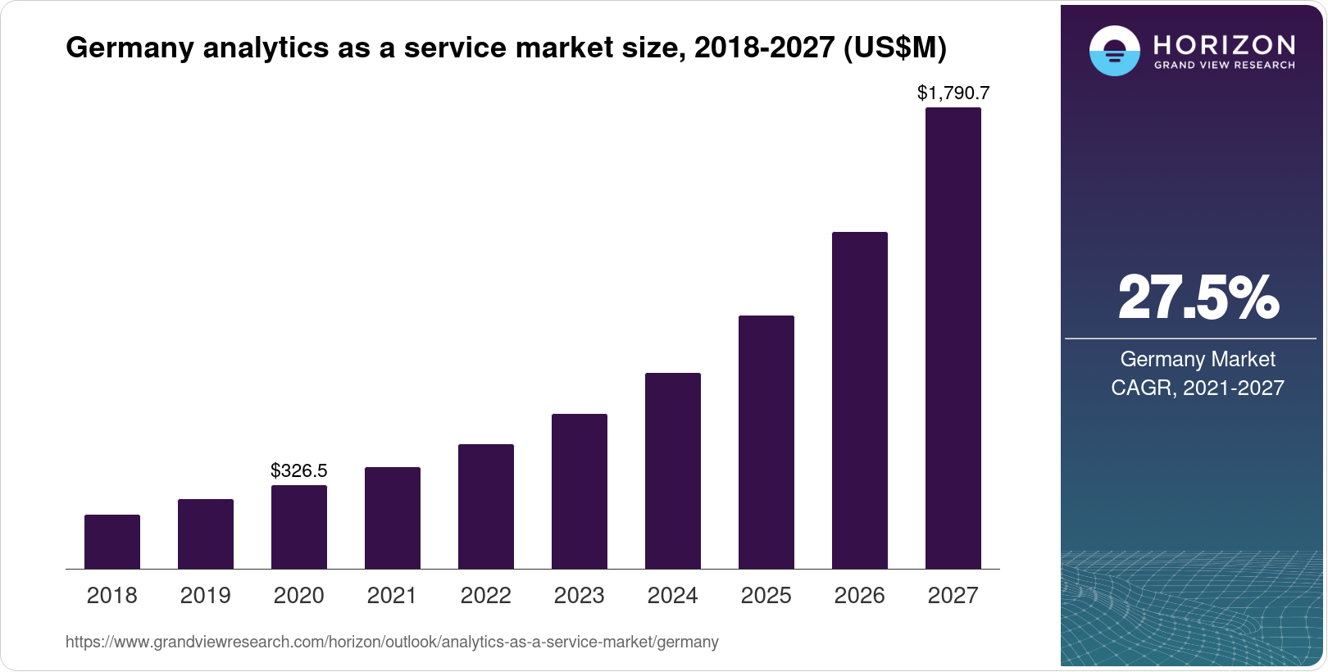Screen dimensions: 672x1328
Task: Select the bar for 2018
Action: click(112, 542)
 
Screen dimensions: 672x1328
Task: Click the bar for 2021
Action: click(393, 518)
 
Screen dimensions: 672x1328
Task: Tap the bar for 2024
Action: click(673, 470)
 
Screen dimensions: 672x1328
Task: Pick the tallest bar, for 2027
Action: click(953, 338)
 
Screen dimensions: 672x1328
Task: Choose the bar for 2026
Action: click(860, 400)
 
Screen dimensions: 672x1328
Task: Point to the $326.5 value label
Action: click(299, 470)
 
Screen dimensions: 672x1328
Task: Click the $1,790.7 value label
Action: click(953, 93)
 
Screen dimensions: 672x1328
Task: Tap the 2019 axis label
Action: click(206, 595)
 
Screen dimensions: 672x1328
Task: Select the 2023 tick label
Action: click(580, 595)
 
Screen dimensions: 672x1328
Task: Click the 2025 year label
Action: click(766, 595)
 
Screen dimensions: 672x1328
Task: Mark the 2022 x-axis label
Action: click(486, 595)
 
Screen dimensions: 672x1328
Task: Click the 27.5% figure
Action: click(1198, 297)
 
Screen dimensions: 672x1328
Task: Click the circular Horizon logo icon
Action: click(1114, 51)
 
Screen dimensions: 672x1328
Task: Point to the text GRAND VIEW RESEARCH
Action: click(1224, 66)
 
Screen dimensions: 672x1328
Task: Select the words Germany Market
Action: click(1198, 359)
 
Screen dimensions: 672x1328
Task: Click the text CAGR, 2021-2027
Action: click(1198, 388)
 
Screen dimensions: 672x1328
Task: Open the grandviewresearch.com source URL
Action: click(392, 642)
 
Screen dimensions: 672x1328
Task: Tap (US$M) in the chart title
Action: click(895, 48)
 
